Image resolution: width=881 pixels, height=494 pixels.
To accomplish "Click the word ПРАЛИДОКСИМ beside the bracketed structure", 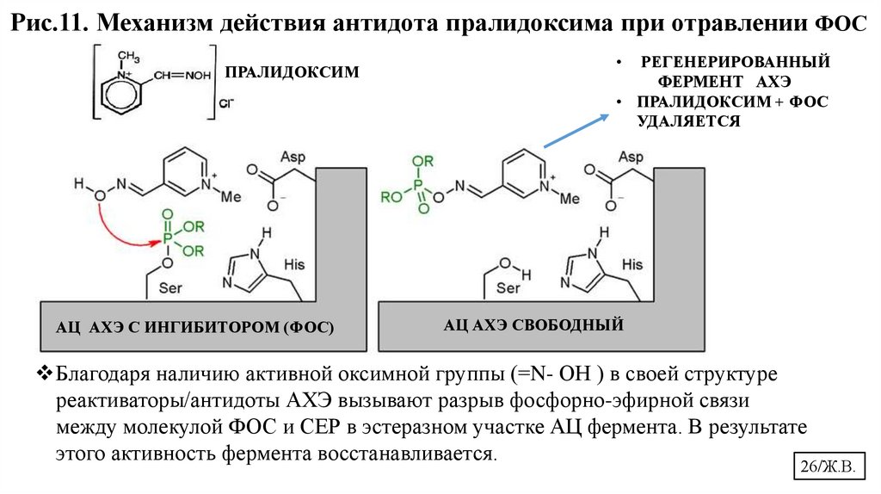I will click(x=291, y=73).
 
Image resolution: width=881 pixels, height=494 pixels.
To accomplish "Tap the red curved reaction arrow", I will click(x=120, y=226).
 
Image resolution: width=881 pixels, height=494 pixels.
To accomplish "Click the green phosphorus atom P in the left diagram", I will click(x=166, y=238).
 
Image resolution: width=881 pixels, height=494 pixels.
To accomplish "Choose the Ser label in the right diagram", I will click(x=508, y=287).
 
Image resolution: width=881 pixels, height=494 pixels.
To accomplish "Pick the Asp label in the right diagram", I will click(x=631, y=157).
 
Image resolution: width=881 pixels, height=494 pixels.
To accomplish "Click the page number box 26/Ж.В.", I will click(x=825, y=467).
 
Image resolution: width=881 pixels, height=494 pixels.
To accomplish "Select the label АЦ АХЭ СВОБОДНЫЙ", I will click(x=532, y=326).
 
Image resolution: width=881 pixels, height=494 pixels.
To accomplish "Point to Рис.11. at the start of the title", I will click(x=51, y=24).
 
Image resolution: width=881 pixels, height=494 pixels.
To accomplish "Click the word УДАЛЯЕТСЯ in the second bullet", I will click(x=688, y=120).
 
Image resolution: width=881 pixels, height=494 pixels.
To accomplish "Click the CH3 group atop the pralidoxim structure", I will click(x=128, y=57).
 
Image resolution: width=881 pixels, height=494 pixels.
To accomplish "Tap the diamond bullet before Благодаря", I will click(x=46, y=374).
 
